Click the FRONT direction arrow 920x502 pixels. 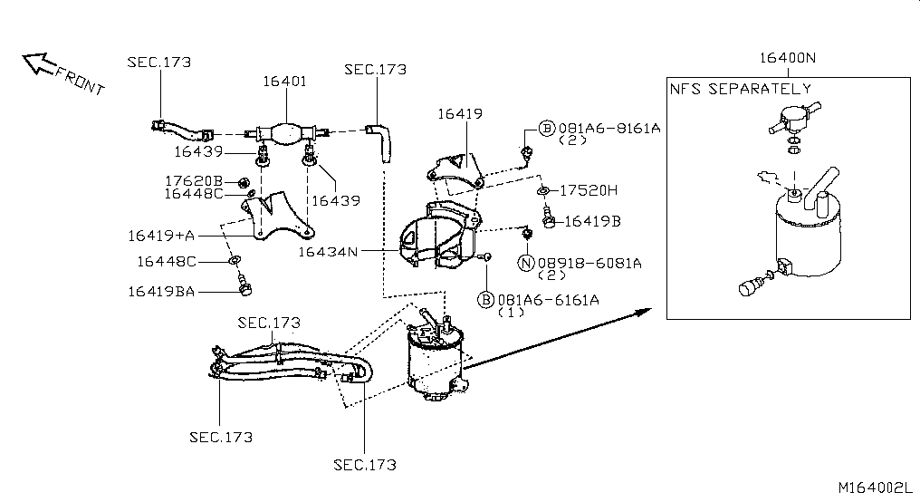click(39, 63)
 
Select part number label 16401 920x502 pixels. click(284, 82)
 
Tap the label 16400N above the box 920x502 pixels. click(788, 57)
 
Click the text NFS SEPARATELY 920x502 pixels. click(741, 89)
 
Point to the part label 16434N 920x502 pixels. click(328, 252)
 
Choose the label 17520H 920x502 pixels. click(589, 190)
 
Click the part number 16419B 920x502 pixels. click(592, 221)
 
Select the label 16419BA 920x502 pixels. click(161, 291)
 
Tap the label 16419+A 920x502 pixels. click(161, 236)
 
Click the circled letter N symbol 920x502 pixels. click(526, 263)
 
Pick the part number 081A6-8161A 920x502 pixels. click(609, 129)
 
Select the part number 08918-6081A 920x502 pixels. click(589, 263)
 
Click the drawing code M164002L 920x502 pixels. click(876, 488)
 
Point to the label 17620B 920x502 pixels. click(194, 181)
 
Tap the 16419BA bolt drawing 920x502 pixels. click(244, 285)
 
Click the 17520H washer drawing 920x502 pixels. click(543, 191)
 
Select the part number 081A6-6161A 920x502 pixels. click(549, 300)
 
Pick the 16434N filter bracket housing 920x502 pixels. click(439, 236)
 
